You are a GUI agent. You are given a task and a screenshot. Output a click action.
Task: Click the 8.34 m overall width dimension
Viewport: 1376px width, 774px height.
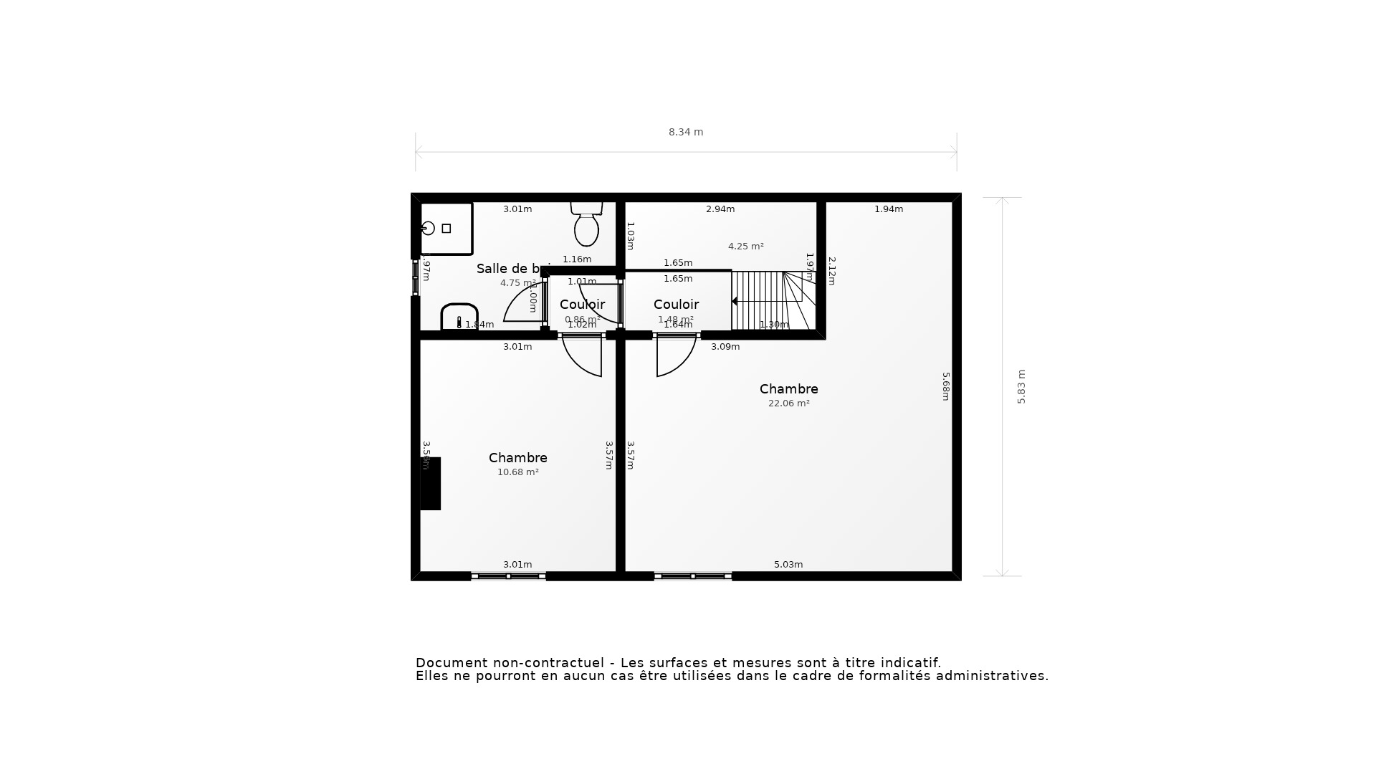click(686, 132)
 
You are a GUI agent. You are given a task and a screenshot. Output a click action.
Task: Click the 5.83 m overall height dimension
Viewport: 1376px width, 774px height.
click(1021, 386)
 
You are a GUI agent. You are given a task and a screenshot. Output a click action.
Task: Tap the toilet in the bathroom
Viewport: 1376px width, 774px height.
click(586, 225)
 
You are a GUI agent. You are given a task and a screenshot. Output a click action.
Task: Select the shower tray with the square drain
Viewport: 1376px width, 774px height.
click(446, 228)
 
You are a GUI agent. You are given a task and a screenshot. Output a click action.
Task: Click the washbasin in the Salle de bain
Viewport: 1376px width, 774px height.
click(459, 317)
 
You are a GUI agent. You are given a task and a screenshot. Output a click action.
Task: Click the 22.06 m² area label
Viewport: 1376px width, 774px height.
click(788, 403)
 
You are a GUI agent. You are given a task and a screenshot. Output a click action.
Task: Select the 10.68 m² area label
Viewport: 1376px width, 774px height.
click(517, 472)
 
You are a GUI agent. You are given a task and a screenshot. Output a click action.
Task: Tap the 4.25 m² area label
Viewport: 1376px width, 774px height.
click(745, 247)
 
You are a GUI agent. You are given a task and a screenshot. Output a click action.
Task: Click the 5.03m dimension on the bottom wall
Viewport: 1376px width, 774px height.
click(788, 565)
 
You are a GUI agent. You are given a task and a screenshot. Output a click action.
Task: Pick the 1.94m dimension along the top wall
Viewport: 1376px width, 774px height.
click(888, 209)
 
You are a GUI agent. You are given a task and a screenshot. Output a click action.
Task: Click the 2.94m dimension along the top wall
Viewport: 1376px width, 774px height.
click(720, 209)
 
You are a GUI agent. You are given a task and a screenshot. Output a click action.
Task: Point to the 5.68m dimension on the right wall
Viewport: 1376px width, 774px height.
click(945, 386)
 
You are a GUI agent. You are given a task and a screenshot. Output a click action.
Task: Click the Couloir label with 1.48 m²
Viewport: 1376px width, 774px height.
click(676, 305)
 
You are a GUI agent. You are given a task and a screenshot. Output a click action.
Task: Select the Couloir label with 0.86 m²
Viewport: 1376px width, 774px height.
click(582, 305)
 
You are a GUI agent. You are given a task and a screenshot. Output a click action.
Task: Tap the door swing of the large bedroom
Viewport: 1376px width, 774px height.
click(674, 356)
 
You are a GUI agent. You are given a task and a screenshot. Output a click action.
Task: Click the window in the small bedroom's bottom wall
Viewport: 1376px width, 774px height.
click(508, 576)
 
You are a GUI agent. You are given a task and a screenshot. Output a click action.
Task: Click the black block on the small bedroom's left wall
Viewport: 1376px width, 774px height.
click(430, 484)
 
